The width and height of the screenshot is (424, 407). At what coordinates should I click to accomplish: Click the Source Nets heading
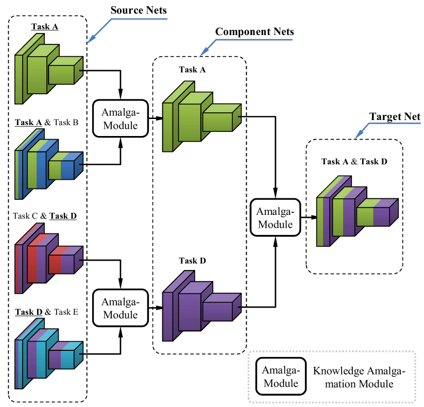click(x=139, y=10)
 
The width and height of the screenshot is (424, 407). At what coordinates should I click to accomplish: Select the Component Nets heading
click(x=255, y=32)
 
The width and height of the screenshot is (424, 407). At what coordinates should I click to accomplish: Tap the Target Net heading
click(x=395, y=117)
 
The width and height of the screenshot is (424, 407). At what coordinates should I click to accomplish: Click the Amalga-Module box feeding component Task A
click(x=121, y=118)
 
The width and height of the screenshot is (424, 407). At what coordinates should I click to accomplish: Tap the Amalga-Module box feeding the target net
click(x=275, y=217)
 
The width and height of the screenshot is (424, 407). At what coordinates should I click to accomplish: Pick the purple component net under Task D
click(x=201, y=309)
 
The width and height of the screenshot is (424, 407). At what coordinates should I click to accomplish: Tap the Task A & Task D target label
click(x=354, y=161)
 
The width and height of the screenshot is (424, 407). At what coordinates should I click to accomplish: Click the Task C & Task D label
click(x=46, y=216)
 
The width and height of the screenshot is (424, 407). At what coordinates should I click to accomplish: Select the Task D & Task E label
click(x=46, y=312)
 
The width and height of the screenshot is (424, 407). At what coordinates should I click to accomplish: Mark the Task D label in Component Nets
click(x=193, y=261)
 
